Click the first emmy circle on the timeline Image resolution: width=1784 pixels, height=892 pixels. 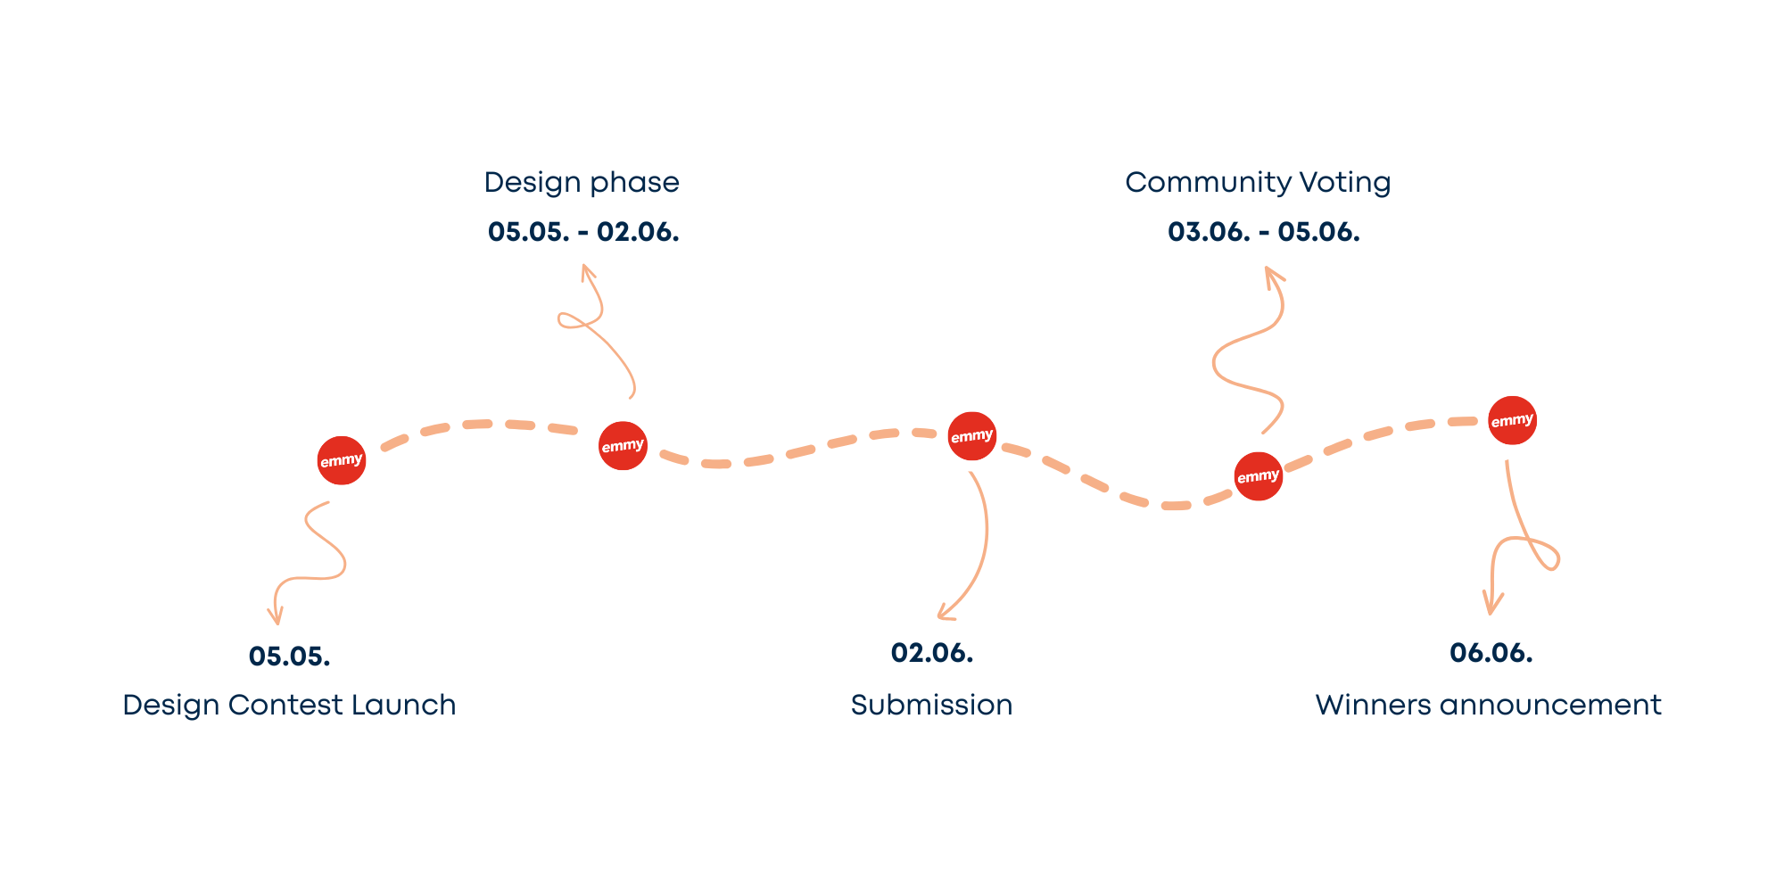(x=342, y=460)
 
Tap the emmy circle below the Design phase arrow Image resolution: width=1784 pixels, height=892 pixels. (x=623, y=445)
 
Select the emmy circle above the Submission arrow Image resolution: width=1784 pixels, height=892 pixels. (x=971, y=436)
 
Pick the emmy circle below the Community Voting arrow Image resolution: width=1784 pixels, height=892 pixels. (x=1258, y=476)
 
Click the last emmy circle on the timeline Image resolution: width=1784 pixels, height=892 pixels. (x=1512, y=420)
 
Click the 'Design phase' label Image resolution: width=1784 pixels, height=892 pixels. (x=582, y=183)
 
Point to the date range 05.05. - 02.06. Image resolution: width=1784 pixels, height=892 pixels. (x=583, y=232)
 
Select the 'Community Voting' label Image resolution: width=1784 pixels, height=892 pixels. (x=1258, y=183)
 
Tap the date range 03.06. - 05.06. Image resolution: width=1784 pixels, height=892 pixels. (x=1263, y=232)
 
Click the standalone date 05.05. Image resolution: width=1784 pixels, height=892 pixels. (x=290, y=657)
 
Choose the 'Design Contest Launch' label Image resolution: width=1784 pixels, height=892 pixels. (x=289, y=706)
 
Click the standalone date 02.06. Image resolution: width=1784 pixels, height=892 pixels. (x=932, y=653)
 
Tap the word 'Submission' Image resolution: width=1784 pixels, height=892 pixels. (x=931, y=706)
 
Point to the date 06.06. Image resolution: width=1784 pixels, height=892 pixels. (x=1491, y=653)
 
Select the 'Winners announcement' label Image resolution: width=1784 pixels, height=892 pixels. (x=1488, y=706)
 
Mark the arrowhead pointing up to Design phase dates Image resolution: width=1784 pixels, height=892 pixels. (x=585, y=270)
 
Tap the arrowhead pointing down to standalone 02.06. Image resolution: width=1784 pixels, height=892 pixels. (x=944, y=614)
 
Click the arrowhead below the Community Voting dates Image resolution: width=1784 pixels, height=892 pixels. (x=1271, y=273)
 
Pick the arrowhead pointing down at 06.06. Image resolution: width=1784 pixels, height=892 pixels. (x=1491, y=607)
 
